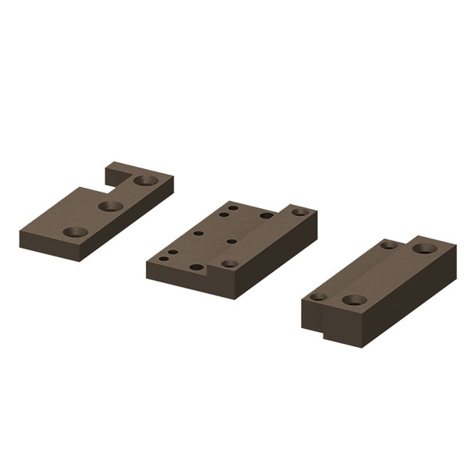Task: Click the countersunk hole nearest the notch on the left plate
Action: [x=145, y=181]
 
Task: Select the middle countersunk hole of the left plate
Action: [x=111, y=206]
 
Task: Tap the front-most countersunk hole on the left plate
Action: [x=76, y=232]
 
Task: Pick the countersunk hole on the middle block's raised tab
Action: [x=299, y=211]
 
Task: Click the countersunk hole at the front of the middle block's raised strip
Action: [x=229, y=264]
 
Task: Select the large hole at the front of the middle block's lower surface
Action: [x=196, y=267]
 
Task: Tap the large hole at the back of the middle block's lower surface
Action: [x=267, y=215]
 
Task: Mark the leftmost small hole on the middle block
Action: [x=164, y=258]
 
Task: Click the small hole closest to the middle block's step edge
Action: [x=232, y=241]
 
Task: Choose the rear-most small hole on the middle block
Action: [x=232, y=207]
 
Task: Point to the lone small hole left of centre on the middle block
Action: [x=198, y=232]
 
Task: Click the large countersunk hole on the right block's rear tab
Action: [x=423, y=249]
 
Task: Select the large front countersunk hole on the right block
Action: [x=354, y=299]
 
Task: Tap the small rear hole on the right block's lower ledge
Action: [x=388, y=245]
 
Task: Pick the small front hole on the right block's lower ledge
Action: [x=318, y=296]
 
